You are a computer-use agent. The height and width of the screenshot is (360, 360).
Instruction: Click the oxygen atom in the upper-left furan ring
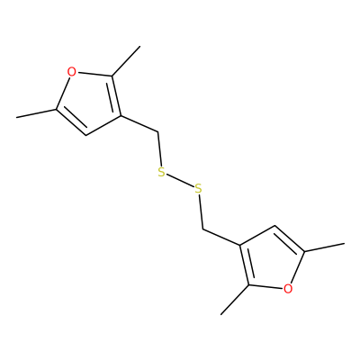tap(71, 72)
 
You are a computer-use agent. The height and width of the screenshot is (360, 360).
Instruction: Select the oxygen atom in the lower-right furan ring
tap(288, 289)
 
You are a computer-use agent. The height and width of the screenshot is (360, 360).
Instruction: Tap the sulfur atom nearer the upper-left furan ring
tap(161, 172)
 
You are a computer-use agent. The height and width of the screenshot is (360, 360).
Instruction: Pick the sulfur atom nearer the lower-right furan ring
tap(198, 189)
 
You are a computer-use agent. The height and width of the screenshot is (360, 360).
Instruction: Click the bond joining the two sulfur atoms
tap(180, 181)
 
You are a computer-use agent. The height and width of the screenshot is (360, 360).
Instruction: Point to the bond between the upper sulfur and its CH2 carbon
tap(159, 148)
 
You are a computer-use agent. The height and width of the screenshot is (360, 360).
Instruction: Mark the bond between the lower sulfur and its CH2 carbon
tap(201, 212)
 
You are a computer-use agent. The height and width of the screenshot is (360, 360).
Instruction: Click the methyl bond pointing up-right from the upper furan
tap(126, 61)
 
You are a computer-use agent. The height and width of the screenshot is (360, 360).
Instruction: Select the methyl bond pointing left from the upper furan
tap(36, 113)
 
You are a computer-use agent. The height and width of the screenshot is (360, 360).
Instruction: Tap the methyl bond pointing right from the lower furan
tap(324, 247)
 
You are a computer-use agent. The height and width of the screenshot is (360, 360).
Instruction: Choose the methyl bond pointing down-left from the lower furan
tap(235, 300)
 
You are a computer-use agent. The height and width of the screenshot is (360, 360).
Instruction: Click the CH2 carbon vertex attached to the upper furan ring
tap(157, 131)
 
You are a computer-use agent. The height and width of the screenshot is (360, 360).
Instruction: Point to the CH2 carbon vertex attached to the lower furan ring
tap(202, 230)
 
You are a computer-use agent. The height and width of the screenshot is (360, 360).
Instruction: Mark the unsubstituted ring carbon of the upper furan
tap(86, 135)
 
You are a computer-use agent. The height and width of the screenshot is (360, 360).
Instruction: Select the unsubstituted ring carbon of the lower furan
tap(274, 226)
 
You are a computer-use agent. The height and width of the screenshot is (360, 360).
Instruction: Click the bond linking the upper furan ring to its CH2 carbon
tap(139, 123)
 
